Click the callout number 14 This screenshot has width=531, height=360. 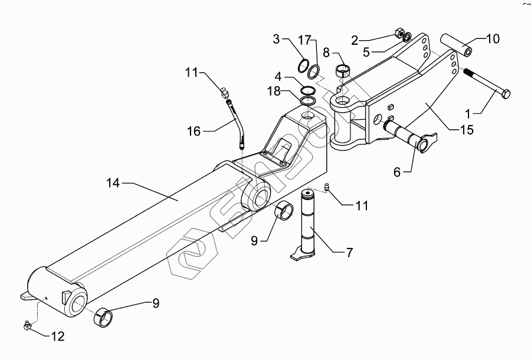click(113, 184)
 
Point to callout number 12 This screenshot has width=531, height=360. click(58, 338)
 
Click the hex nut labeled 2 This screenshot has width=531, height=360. click(398, 34)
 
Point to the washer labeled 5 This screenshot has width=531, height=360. click(407, 39)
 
